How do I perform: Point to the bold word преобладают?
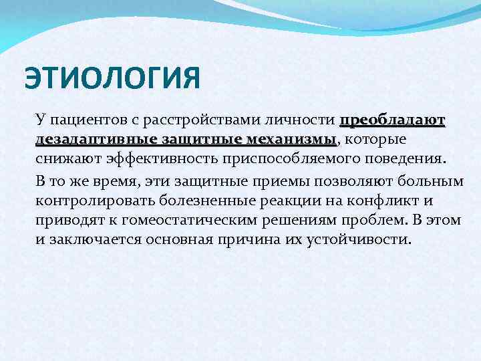click(x=393, y=121)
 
